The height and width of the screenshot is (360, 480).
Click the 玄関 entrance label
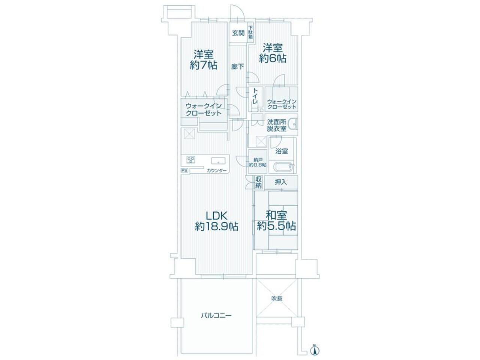tap(238, 33)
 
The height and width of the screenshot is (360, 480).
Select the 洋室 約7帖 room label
tap(204, 60)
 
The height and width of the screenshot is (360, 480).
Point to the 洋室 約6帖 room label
tap(273, 53)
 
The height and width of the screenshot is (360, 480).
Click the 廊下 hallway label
tap(238, 67)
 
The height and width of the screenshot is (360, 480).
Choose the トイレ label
tap(255, 96)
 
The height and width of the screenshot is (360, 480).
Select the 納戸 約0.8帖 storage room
tap(258, 161)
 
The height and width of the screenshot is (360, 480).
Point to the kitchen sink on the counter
tap(65, 160)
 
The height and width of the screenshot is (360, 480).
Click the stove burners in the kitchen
tap(37, 160)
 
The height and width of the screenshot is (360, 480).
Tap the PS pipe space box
tap(184, 171)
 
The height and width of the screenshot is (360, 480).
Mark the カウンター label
tap(216, 171)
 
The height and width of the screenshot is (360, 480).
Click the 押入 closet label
tap(280, 182)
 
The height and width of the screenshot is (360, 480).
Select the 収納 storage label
tap(258, 183)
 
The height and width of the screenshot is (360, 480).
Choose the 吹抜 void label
tap(277, 298)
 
